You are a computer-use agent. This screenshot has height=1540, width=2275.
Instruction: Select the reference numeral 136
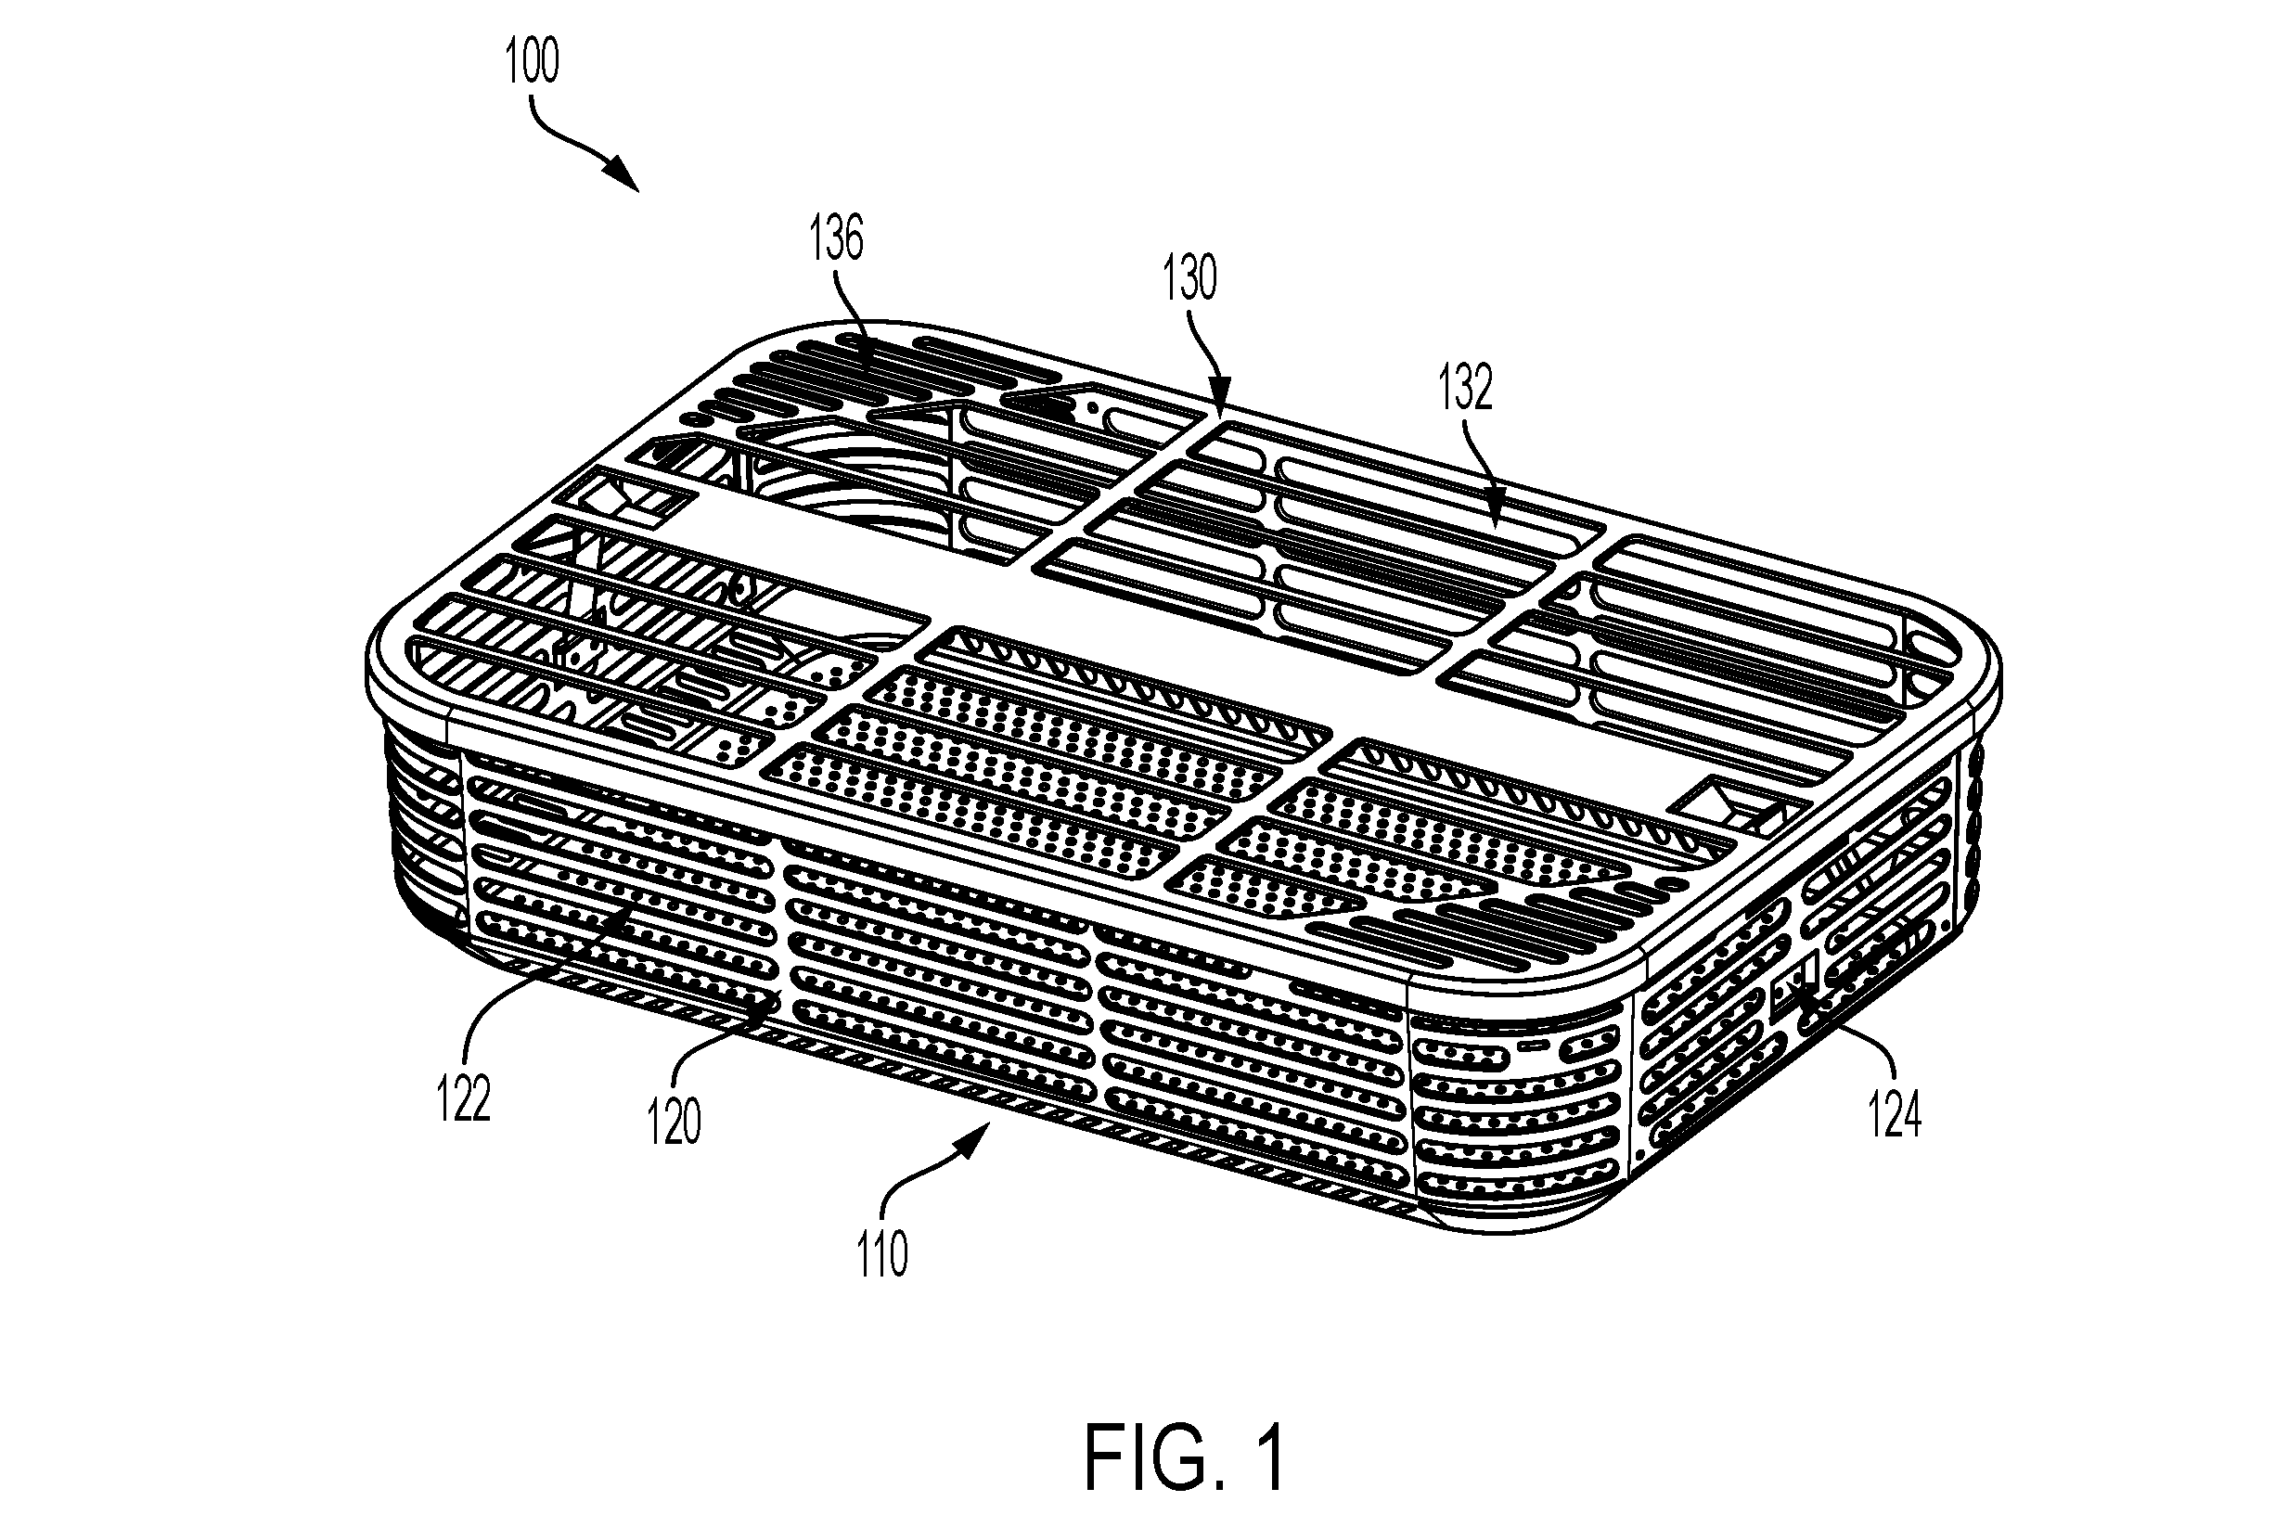click(x=837, y=237)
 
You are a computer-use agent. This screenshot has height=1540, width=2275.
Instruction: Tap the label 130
click(x=1189, y=278)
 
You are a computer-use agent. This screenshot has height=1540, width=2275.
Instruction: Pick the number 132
click(x=1465, y=388)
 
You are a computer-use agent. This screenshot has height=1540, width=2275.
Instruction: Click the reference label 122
click(x=463, y=1098)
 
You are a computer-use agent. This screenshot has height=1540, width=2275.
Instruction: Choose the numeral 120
click(x=675, y=1123)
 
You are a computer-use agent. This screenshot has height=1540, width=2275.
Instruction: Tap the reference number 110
click(x=882, y=1256)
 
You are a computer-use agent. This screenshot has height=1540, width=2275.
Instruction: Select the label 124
click(x=1895, y=1116)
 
